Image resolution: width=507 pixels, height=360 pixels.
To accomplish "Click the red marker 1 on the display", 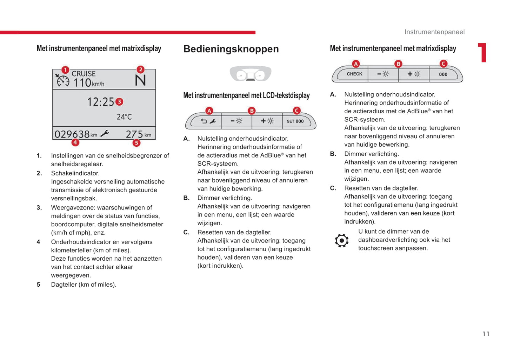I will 65,70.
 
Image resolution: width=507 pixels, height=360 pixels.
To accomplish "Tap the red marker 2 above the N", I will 140,69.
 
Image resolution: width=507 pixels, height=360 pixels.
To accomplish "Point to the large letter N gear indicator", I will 140,81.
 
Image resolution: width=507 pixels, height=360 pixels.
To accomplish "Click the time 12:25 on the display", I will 100,102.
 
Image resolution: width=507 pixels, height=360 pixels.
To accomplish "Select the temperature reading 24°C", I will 124,117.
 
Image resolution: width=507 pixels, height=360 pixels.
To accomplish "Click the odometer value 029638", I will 72,134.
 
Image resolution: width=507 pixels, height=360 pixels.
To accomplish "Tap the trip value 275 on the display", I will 134,134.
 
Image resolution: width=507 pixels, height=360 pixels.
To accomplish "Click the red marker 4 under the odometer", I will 75,142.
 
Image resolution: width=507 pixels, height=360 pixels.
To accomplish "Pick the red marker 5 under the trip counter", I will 136,143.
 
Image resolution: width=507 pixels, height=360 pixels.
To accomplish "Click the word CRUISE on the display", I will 84,74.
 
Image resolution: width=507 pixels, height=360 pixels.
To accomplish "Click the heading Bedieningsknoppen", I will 231,49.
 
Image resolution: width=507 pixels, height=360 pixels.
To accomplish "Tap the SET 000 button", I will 295,121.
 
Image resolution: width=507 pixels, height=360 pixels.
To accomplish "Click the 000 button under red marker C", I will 443,74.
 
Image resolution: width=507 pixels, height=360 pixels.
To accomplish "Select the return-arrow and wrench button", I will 208,121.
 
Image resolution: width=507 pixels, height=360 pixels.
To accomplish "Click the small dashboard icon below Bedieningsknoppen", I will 251,74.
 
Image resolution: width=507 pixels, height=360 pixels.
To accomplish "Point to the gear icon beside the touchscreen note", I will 341,241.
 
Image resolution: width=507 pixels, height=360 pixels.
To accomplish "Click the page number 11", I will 486,334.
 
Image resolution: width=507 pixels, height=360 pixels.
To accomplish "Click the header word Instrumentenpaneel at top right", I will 434,32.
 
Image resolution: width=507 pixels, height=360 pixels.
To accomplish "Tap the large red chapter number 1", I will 483,53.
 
